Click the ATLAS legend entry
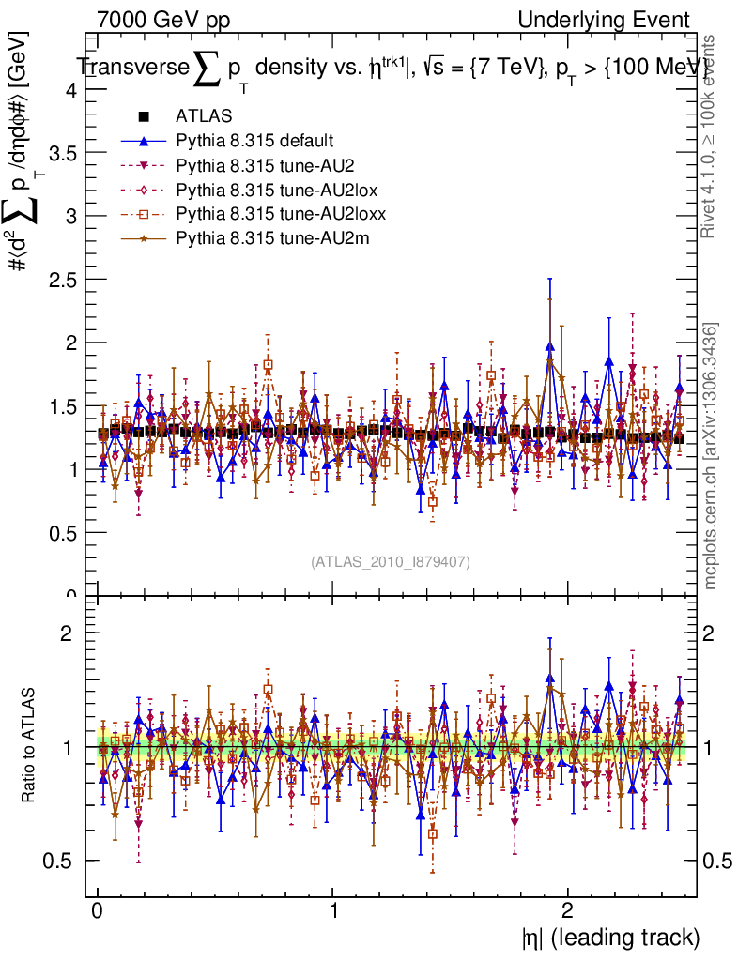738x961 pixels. (x=204, y=117)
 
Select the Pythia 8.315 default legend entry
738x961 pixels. (x=254, y=142)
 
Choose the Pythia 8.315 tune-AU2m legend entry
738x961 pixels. (x=259, y=239)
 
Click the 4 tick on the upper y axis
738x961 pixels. (x=70, y=90)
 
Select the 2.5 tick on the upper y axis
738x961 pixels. (x=64, y=280)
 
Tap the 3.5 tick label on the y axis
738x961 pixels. (x=64, y=153)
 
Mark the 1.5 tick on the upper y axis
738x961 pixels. (x=64, y=406)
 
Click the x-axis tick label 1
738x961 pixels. (x=333, y=910)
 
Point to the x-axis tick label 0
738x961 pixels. (x=98, y=910)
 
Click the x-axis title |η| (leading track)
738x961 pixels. (x=610, y=937)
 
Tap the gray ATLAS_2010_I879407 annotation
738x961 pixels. (x=391, y=562)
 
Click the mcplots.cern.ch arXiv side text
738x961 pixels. (x=713, y=457)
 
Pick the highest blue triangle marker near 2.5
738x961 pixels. (x=549, y=347)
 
